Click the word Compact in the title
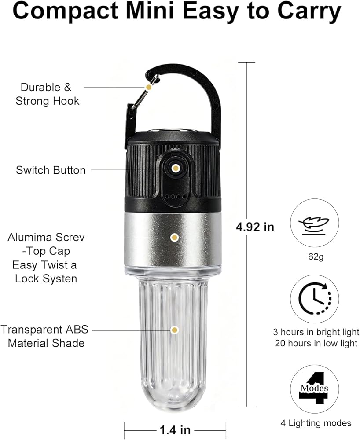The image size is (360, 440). [x=66, y=11]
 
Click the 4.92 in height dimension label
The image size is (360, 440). [x=255, y=227]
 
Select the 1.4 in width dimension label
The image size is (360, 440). [x=175, y=429]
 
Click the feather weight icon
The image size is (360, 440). [x=314, y=226]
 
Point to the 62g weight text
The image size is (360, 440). [x=316, y=257]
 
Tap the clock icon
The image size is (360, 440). [x=315, y=299]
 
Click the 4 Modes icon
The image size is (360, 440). [x=314, y=388]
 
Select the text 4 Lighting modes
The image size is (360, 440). [x=316, y=423]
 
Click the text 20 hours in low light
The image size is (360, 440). [x=316, y=343]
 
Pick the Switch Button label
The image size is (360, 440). [x=51, y=170]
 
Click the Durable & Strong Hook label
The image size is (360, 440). [x=47, y=94]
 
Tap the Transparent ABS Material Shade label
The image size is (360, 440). [x=44, y=336]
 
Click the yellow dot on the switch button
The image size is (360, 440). [x=176, y=169]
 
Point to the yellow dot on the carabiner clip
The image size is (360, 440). [x=149, y=87]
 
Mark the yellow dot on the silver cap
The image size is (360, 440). [x=175, y=238]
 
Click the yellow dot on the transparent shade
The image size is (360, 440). [x=175, y=330]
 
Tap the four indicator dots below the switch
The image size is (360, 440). [x=176, y=196]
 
